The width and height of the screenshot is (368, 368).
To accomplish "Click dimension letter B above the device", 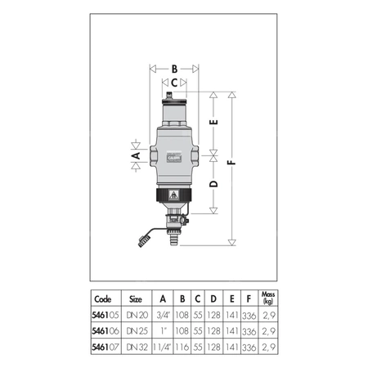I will [x=173, y=70].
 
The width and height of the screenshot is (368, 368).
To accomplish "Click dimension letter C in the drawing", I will [x=173, y=83].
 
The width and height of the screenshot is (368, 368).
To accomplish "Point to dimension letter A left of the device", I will [x=137, y=153].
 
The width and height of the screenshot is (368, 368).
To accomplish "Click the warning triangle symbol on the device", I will [x=174, y=196].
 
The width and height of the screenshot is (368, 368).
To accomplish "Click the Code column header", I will [x=104, y=299].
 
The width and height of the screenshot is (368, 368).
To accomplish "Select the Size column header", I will [x=136, y=299].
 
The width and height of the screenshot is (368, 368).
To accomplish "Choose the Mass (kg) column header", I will [x=267, y=298].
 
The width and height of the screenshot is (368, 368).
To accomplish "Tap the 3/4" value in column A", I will [x=164, y=315].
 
